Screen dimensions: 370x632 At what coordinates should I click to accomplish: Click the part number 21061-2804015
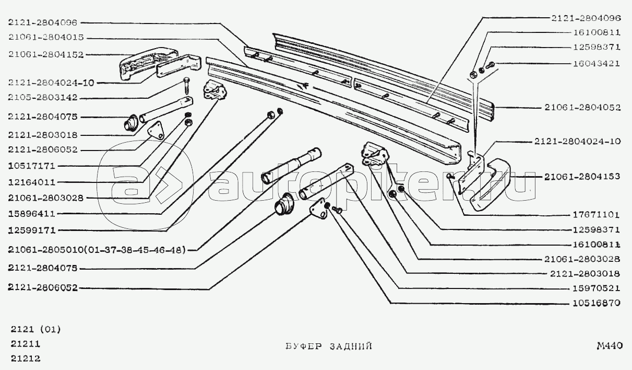(x=45, y=38)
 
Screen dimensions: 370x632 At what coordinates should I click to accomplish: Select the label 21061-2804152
(x=45, y=54)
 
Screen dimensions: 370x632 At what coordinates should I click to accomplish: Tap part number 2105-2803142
(x=43, y=98)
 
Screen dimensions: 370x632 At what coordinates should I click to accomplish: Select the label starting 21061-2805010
(x=97, y=250)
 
